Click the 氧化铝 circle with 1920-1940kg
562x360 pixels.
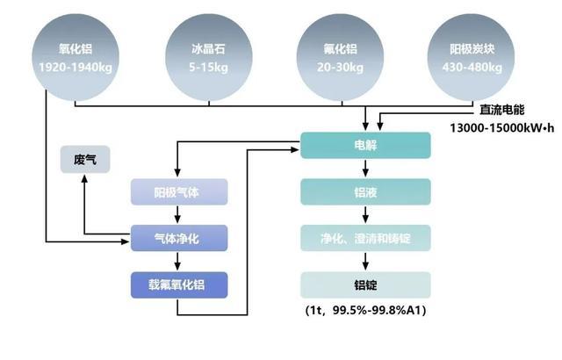76,57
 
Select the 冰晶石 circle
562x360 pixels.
209,57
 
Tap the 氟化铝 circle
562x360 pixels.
340,57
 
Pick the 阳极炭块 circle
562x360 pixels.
472,57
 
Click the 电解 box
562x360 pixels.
365,145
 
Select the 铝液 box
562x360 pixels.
365,192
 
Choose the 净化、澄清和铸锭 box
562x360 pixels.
365,238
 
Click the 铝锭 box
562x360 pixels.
365,285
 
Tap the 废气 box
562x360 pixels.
85,160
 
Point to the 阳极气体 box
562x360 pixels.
179,192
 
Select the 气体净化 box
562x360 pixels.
179,238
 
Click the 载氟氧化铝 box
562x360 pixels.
179,285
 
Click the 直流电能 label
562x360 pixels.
501,110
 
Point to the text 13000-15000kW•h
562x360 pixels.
501,128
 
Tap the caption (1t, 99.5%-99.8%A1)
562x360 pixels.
365,310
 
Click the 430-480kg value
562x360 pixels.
472,67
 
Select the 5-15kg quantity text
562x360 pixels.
209,67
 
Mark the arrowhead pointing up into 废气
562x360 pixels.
84,178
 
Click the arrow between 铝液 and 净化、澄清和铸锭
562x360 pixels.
365,215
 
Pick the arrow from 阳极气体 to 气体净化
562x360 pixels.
177,215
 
